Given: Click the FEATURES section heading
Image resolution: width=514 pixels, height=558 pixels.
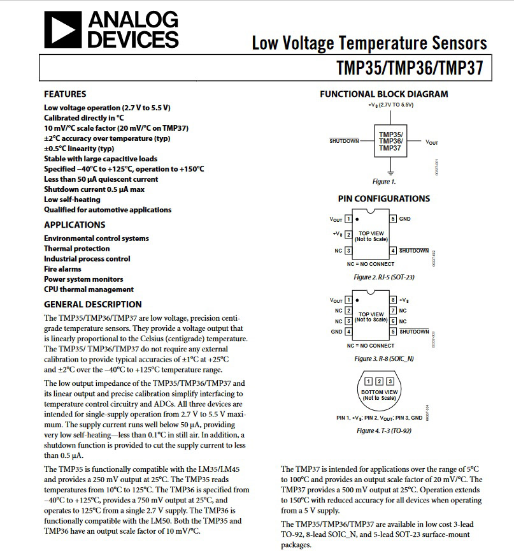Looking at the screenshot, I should (x=65, y=94).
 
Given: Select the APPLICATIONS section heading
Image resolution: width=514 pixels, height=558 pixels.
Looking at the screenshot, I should (x=75, y=224).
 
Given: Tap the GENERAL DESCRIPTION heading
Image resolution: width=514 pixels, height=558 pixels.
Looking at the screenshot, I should (x=93, y=304).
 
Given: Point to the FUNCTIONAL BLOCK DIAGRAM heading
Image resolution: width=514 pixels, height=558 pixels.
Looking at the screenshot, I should (x=383, y=94).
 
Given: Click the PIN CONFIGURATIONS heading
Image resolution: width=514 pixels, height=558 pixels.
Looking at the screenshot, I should (x=383, y=198).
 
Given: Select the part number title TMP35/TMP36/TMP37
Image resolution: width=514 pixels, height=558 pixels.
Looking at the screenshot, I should (x=410, y=68).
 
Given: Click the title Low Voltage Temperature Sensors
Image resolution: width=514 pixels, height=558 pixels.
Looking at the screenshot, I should (x=369, y=43).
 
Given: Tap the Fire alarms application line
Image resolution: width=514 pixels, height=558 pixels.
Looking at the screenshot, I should (x=62, y=269).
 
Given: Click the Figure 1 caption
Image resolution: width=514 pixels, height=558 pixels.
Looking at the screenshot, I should (x=384, y=182).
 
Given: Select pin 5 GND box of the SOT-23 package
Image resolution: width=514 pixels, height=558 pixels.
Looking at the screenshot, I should (x=394, y=219).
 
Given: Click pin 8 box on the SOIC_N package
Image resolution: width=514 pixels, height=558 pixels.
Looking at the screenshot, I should (x=394, y=300).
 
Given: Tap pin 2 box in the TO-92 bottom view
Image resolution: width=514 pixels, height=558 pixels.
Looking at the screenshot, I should (x=380, y=381).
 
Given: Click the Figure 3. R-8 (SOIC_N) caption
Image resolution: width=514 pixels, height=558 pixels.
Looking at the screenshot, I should (x=383, y=358).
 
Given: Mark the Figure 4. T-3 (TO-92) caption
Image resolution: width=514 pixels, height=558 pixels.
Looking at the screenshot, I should (x=383, y=430).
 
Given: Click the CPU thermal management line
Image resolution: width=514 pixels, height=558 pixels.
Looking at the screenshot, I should (x=89, y=290).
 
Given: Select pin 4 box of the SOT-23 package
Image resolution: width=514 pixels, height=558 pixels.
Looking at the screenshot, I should (x=394, y=251).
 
